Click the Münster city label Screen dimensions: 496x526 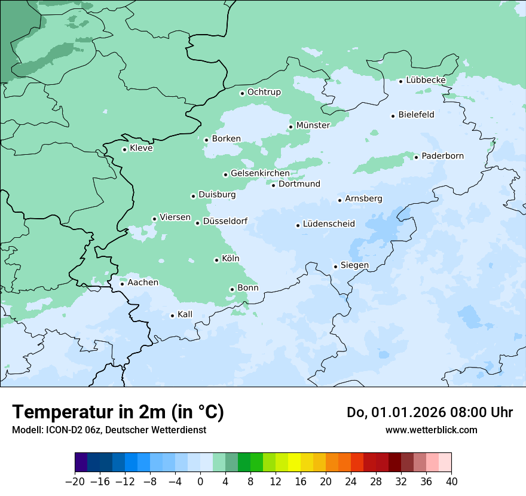[x=313, y=125]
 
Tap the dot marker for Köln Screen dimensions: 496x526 [x=216, y=260]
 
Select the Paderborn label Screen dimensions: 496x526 [x=442, y=156]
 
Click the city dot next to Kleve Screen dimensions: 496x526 [x=124, y=149]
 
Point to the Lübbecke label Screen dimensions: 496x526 [x=426, y=80]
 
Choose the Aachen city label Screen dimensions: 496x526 [x=143, y=283]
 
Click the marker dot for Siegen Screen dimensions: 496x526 [x=335, y=267]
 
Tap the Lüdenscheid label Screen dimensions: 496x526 [x=329, y=224]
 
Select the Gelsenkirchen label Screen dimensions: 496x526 [x=260, y=173]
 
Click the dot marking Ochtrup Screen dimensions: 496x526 [x=242, y=93]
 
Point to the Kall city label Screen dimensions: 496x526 [x=185, y=314]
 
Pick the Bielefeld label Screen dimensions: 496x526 [x=416, y=115]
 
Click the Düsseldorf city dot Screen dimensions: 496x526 [x=197, y=223]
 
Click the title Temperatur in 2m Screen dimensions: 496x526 [x=118, y=412]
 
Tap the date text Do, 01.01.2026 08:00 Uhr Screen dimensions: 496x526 [x=430, y=412]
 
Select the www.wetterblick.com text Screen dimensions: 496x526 [x=431, y=430]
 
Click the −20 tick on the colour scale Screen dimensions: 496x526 [x=75, y=482]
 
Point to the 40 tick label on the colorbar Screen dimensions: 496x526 [x=451, y=482]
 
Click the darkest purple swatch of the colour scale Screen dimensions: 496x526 [x=81, y=463]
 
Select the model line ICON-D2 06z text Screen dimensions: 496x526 [x=108, y=430]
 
